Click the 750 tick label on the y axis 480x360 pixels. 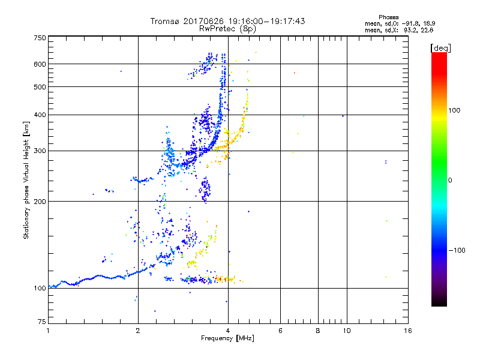coord(40,38)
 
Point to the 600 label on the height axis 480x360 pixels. coord(40,64)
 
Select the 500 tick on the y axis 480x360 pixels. coord(40,86)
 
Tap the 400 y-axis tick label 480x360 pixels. coord(40,115)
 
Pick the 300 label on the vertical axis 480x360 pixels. coord(40,151)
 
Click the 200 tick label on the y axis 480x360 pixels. coord(40,201)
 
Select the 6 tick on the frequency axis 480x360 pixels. coord(280,331)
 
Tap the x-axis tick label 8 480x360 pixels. coord(318,331)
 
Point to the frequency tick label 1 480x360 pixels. coord(48,331)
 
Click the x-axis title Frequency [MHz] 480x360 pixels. coord(227,340)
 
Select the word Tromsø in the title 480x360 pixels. coord(164,21)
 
